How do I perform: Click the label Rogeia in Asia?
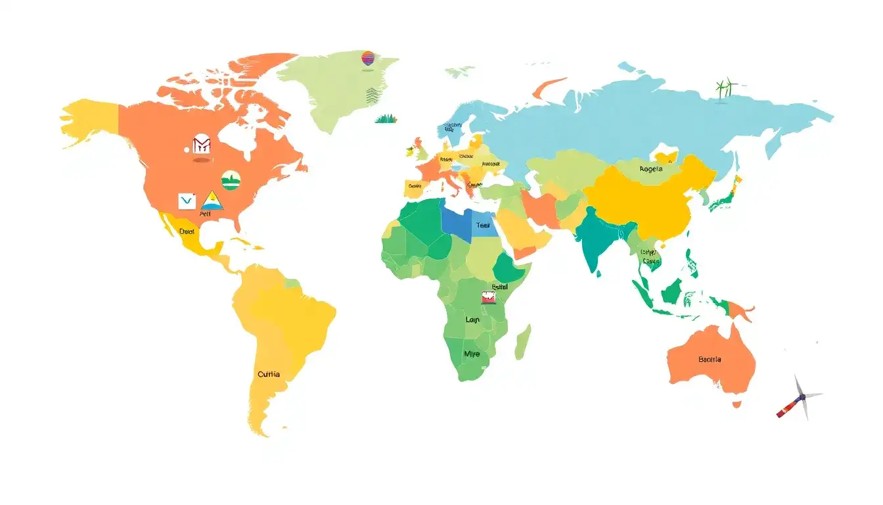[x=650, y=169]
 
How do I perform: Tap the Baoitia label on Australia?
[x=710, y=360]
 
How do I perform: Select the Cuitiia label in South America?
[x=269, y=374]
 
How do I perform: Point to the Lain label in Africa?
[x=472, y=320]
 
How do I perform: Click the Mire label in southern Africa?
[x=472, y=354]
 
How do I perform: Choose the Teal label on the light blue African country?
[x=483, y=225]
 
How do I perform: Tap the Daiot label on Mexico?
[x=187, y=231]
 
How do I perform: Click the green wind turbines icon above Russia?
[x=725, y=88]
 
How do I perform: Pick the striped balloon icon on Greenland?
[x=368, y=58]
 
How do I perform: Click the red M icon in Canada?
[x=201, y=145]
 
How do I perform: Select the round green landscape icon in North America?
[x=231, y=180]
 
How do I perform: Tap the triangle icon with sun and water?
[x=212, y=201]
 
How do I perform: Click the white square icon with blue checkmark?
[x=187, y=201]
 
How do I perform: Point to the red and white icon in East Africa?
[x=489, y=298]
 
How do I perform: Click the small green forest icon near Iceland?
[x=386, y=118]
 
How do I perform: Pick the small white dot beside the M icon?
[x=187, y=149]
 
